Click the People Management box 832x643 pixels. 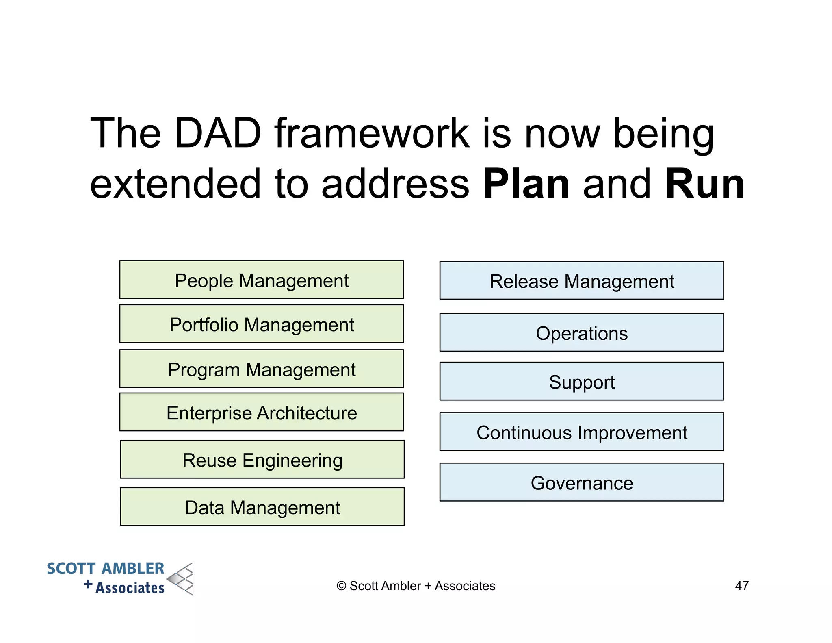pos(261,280)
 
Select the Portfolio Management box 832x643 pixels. pos(261,324)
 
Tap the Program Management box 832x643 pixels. pos(261,369)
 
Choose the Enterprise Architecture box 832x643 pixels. pos(261,412)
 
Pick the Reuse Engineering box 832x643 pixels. pos(262,459)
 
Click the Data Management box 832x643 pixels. pos(262,506)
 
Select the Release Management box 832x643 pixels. pos(581,280)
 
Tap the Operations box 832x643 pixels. pos(581,332)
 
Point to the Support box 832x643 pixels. pos(581,381)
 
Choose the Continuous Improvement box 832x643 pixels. pos(581,432)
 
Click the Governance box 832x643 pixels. pos(581,482)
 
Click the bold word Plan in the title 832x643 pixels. pos(526,185)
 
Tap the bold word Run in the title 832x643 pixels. pos(704,185)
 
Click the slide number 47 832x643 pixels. pos(742,586)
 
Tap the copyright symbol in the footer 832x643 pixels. pos(341,586)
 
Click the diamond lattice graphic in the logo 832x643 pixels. pos(181,579)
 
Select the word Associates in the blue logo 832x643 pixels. pos(130,588)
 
